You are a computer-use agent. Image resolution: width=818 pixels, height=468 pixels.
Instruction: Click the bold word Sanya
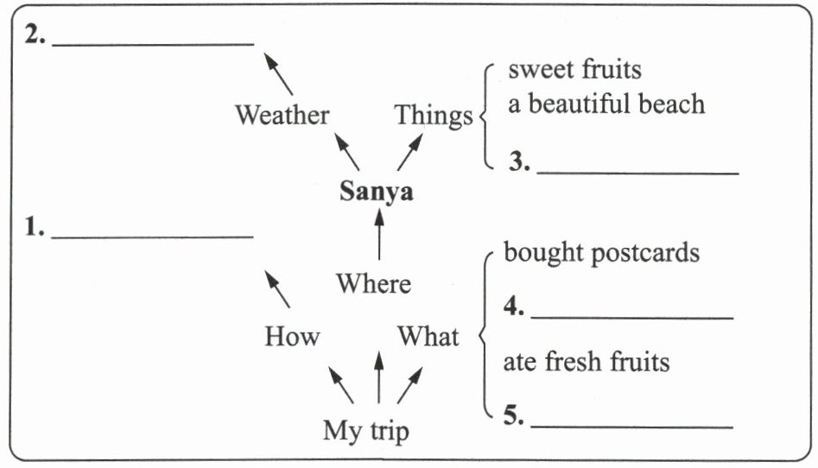[376, 192]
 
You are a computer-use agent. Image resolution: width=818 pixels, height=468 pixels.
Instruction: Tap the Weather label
[282, 115]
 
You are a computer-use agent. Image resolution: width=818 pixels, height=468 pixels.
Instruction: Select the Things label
[434, 115]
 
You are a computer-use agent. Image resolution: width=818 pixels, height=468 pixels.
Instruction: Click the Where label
[373, 283]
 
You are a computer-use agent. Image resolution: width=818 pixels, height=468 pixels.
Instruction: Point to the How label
[292, 336]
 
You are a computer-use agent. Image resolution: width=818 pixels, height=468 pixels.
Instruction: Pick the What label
[428, 336]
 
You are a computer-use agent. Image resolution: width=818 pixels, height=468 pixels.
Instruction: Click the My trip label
[365, 430]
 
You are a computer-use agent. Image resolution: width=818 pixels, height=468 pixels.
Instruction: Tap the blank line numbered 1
[152, 235]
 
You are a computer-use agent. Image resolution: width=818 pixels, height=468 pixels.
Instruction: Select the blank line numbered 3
[637, 173]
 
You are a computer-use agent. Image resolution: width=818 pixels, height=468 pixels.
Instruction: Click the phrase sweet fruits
[574, 69]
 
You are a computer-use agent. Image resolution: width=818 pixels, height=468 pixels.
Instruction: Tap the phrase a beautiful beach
[606, 104]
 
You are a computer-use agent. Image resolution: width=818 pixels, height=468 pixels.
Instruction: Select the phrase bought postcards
[601, 254]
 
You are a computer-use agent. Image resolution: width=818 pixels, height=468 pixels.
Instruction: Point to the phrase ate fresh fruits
[587, 361]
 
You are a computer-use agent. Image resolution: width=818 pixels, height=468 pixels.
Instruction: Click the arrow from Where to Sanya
[378, 235]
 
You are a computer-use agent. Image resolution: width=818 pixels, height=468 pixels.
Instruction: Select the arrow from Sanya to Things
[409, 152]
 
